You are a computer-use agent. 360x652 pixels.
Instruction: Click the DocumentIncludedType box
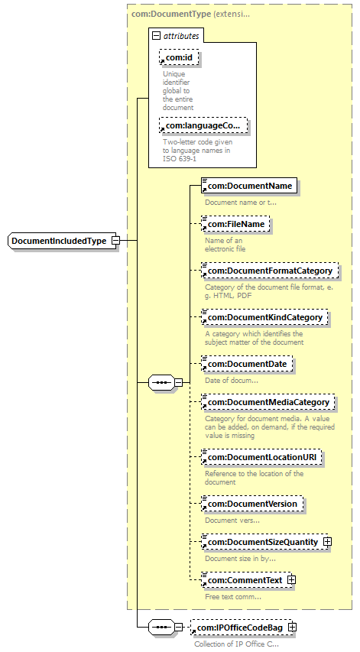click(60, 241)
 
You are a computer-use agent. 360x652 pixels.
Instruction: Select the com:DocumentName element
click(248, 186)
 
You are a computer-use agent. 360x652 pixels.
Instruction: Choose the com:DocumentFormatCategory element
click(270, 271)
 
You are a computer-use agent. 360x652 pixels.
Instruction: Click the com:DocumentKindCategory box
click(264, 317)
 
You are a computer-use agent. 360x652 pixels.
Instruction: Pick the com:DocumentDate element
click(246, 364)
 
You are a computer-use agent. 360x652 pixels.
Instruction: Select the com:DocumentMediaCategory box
click(268, 402)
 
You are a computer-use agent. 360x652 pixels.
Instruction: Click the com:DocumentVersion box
click(251, 504)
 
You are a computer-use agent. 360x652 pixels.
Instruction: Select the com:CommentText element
click(242, 581)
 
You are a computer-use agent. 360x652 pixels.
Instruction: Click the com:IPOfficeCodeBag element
click(239, 628)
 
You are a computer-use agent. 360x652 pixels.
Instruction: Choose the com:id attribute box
click(175, 56)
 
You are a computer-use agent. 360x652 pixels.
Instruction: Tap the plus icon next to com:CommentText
click(291, 581)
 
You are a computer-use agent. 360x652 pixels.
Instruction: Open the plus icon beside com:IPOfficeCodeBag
click(292, 628)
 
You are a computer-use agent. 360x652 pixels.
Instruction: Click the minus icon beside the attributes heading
click(156, 35)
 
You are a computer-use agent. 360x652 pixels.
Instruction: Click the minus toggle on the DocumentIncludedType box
click(115, 241)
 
